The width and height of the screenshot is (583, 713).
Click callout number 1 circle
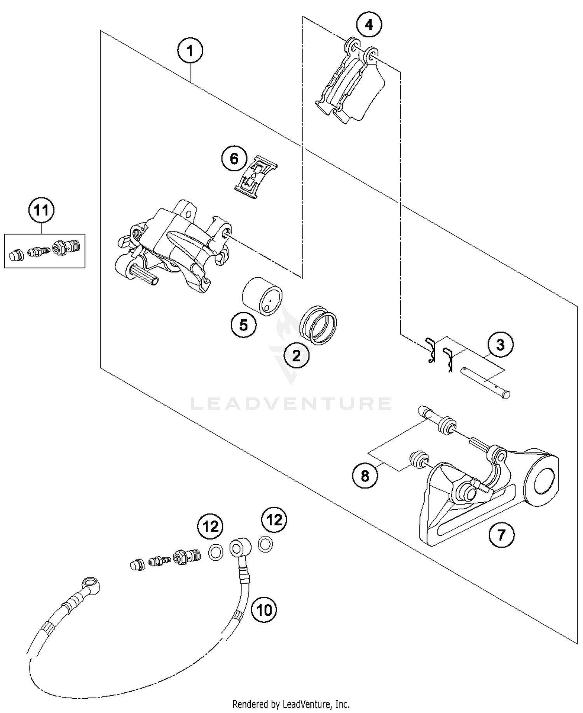coord(190,51)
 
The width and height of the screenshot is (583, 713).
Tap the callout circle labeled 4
coord(369,25)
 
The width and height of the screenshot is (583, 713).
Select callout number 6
coord(234,159)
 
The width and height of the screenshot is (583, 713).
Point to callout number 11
coord(42,210)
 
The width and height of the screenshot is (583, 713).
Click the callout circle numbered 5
coord(243,325)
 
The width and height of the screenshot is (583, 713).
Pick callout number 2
coord(297,355)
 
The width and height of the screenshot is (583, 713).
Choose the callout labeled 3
coord(500,344)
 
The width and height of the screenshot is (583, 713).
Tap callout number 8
coord(365,475)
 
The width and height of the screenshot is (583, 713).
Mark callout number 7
coord(501,535)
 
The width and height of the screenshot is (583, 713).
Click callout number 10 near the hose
coord(264,610)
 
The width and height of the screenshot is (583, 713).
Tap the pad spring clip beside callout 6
coord(256,177)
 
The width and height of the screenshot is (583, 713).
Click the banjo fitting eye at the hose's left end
coord(91,583)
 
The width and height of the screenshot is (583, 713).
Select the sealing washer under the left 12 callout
coord(216,552)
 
